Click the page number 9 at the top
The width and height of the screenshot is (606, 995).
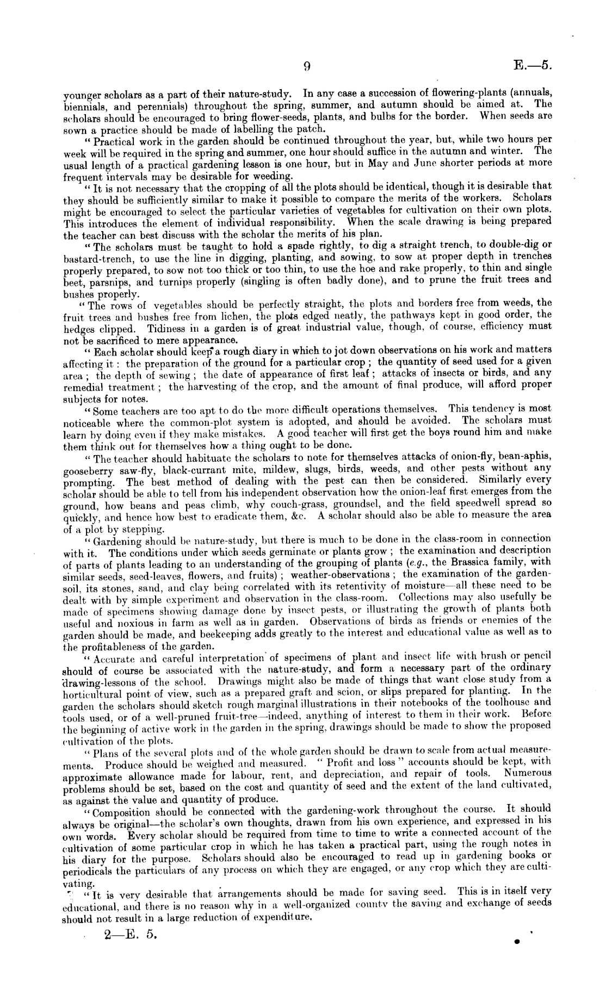pos(306,66)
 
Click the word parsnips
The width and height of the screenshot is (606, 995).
pos(111,282)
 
